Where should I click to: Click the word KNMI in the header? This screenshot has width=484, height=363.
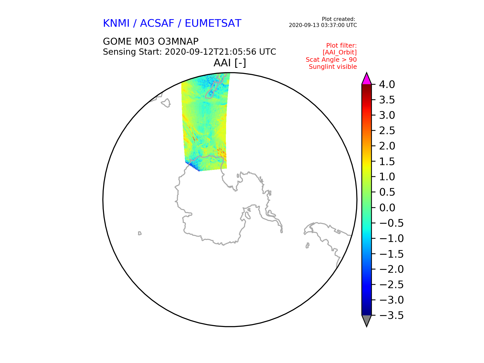116,23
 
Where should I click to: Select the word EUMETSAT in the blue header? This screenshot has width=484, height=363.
213,23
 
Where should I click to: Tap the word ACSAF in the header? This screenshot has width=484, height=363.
157,23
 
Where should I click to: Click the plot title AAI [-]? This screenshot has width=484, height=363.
230,63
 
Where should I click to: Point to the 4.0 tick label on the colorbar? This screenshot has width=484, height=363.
387,85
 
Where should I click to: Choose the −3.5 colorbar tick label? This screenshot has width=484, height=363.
391,315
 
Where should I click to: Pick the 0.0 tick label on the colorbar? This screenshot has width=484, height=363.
387,208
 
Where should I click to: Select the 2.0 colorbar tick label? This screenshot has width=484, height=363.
387,146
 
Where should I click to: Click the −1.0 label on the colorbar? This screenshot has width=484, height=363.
391,238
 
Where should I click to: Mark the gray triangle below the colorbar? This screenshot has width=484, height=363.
367,320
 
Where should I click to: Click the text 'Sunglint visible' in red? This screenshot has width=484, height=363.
333,67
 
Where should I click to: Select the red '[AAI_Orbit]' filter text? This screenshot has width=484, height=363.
340,52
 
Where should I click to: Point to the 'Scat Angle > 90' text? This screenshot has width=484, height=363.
331,60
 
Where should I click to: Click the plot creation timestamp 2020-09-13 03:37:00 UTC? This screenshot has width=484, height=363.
323,25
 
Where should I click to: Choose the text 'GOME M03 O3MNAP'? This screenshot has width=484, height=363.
151,42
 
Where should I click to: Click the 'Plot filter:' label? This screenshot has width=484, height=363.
342,46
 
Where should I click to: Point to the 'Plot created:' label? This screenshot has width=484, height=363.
339,19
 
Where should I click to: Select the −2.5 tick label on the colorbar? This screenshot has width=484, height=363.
391,285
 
